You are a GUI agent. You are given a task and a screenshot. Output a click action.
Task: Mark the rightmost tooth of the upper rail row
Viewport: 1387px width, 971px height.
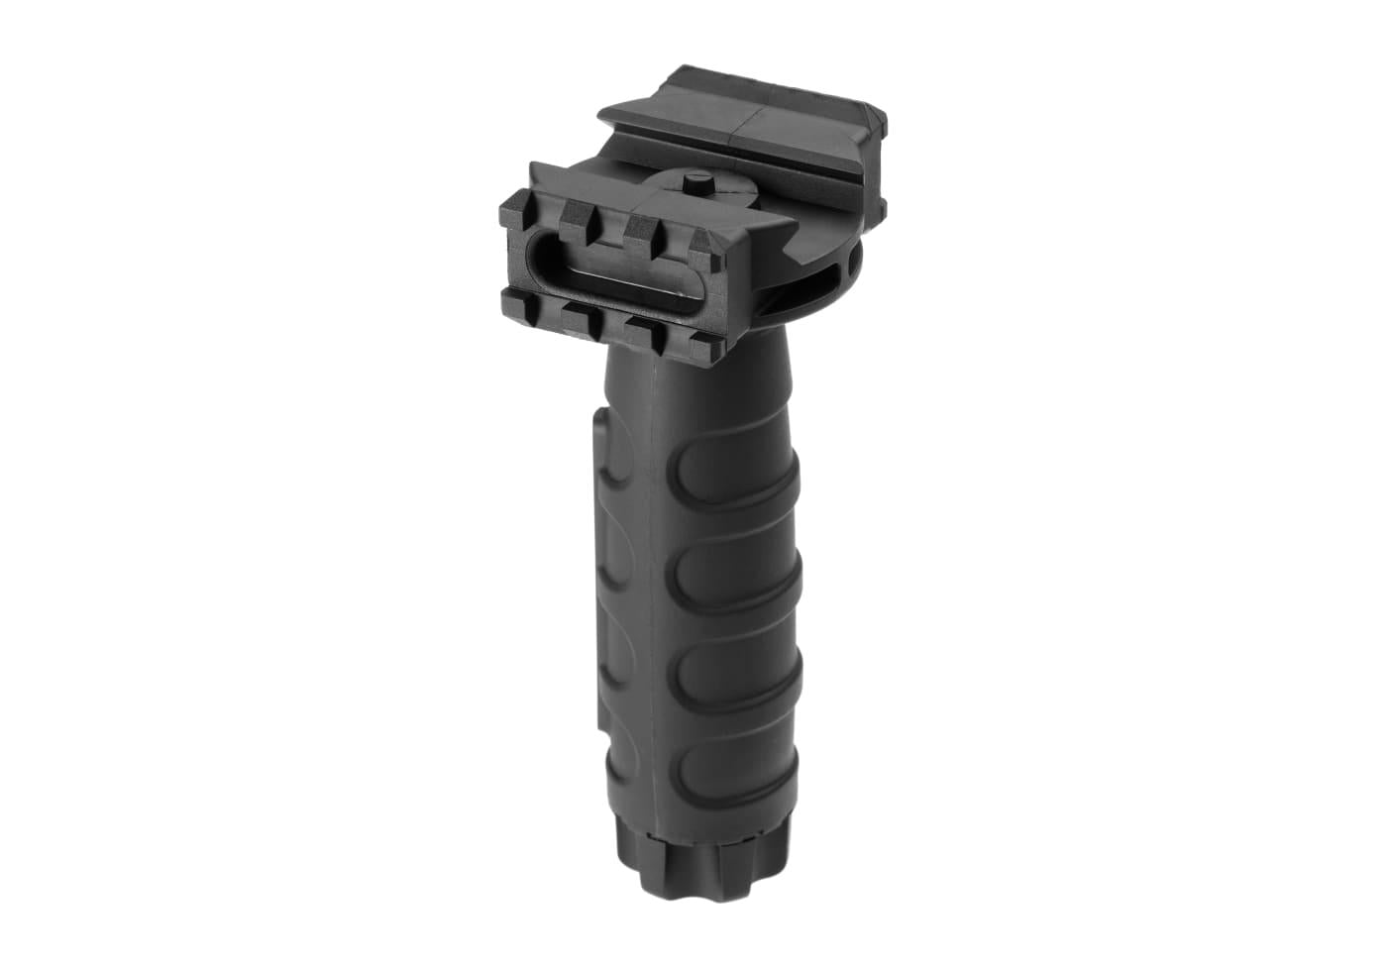tap(704, 243)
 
